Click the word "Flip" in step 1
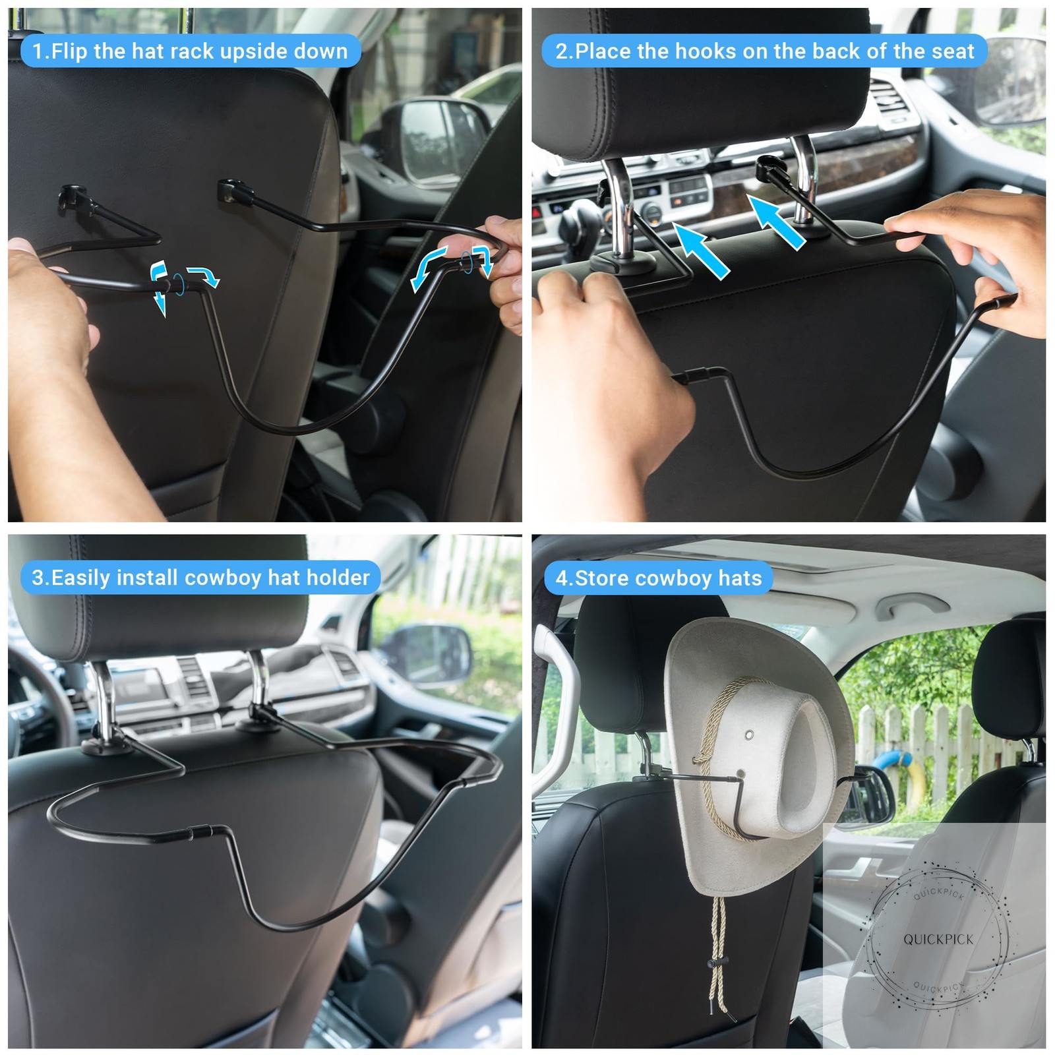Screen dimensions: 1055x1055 (x=69, y=51)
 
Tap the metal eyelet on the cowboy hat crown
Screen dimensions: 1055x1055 (x=749, y=735)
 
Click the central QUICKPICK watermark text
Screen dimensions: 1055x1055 (x=938, y=939)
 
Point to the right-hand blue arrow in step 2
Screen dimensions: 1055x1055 (x=777, y=221)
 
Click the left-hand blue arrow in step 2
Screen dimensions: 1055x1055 (x=700, y=251)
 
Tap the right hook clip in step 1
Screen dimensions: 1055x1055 (x=234, y=192)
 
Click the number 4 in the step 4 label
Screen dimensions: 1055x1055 (x=561, y=578)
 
